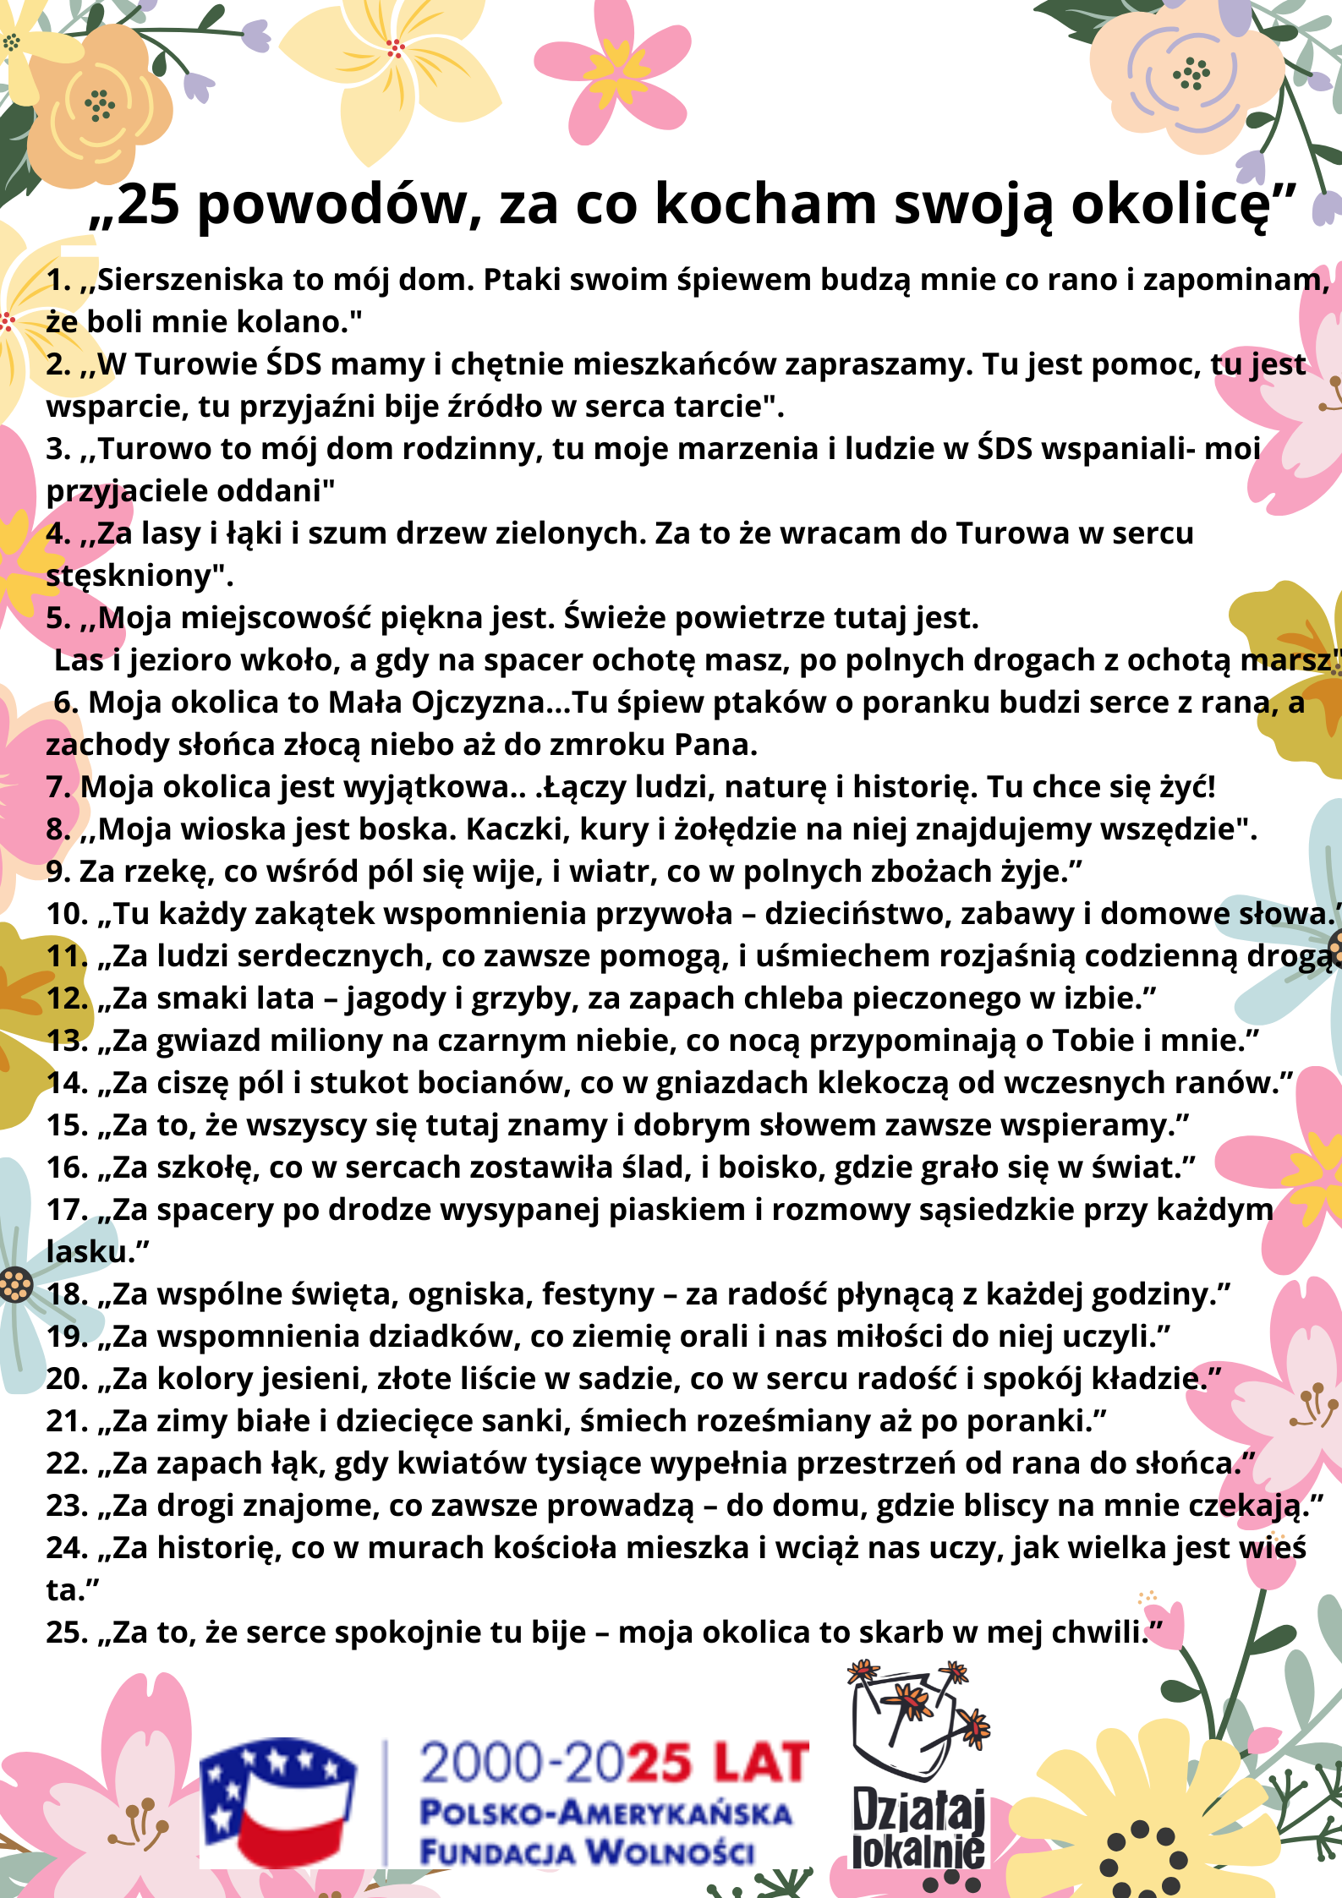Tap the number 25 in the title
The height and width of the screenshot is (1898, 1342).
pyautogui.click(x=149, y=205)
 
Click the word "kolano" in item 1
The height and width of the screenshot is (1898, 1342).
pyautogui.click(x=295, y=322)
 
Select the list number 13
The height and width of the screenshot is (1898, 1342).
pyautogui.click(x=67, y=1041)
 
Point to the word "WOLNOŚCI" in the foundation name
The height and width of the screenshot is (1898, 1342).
pyautogui.click(x=670, y=1852)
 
